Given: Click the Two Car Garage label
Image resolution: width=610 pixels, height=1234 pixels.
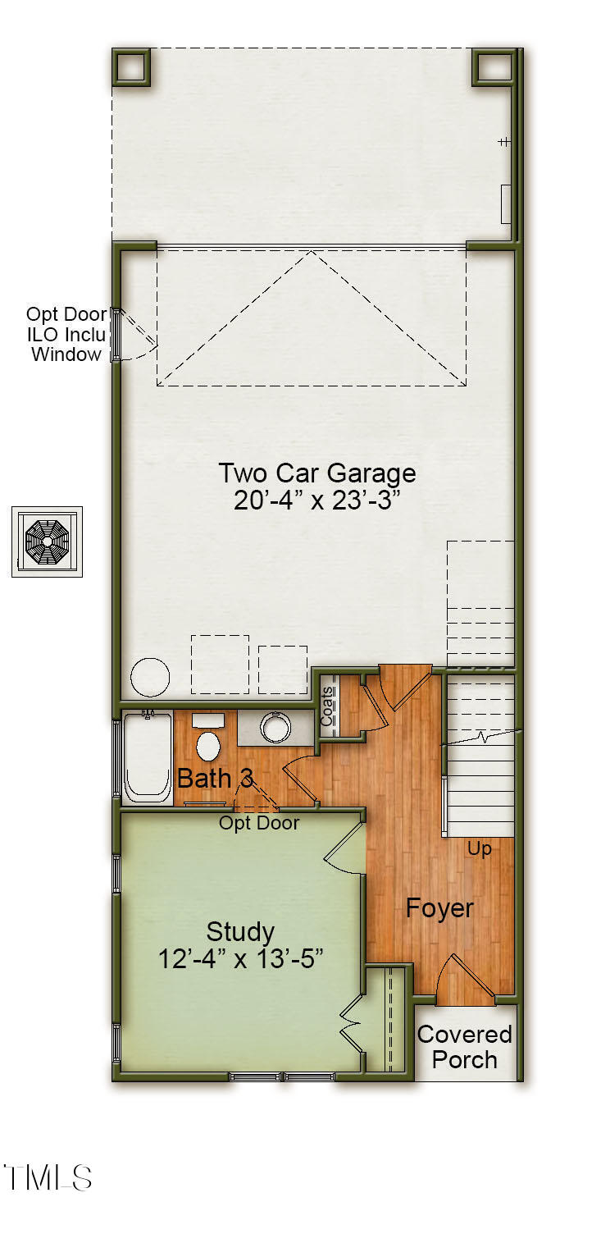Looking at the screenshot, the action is pos(317,473).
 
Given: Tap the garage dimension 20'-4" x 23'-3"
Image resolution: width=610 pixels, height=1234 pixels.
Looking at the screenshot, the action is pos(316,500).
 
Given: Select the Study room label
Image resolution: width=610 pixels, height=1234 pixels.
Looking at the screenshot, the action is pos(240,932).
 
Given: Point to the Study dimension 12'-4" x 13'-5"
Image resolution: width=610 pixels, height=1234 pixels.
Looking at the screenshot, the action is pos(240,958).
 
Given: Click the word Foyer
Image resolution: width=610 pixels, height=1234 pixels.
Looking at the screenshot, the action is pos(439,908).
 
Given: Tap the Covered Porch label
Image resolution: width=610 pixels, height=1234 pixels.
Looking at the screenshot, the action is pos(465,1047).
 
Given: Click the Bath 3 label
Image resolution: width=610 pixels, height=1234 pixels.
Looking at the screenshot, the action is pos(216,779).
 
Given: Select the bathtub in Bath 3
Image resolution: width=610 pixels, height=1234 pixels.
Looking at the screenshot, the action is pos(147,757).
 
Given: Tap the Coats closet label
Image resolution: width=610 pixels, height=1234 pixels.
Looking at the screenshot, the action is pos(326,706).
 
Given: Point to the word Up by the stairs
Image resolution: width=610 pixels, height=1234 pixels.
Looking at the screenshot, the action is pos(479,849).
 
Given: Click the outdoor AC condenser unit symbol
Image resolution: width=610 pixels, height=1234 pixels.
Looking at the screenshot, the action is pos(48,542).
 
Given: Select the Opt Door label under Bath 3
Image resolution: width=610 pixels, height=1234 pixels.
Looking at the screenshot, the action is pos(259,823).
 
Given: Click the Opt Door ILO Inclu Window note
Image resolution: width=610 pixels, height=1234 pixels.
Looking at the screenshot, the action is pos(66,334).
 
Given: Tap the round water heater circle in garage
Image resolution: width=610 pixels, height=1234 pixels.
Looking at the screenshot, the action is pos(150,677).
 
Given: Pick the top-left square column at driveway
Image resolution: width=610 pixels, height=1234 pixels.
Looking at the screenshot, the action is pos(131,66).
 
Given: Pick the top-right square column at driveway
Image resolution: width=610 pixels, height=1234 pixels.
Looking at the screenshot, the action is pos(492,66).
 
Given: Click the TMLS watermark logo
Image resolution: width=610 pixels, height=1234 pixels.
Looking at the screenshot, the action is pos(48,1178).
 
